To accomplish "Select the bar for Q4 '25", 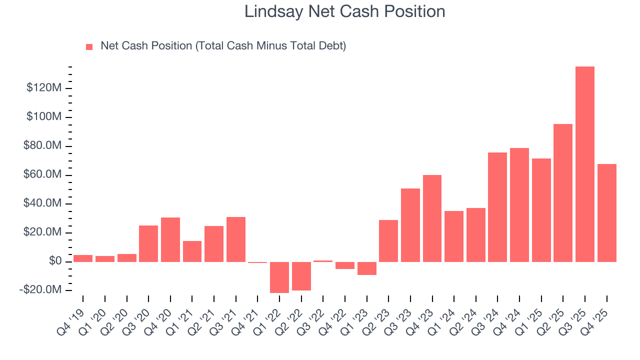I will point(606,212).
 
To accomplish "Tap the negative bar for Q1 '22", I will point(279,277).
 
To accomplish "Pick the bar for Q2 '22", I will point(301,275).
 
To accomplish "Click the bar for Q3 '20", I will point(148,243).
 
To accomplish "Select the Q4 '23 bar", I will point(432,218).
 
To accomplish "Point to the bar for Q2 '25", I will point(563,192).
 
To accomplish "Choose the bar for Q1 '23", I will point(367,268).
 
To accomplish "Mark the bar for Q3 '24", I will point(497,207).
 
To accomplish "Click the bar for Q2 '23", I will point(388,240).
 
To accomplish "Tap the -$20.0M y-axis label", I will point(41,290).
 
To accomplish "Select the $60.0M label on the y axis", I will point(43,175).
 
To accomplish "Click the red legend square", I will point(89,47).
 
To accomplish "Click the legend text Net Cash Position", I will point(146,46).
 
